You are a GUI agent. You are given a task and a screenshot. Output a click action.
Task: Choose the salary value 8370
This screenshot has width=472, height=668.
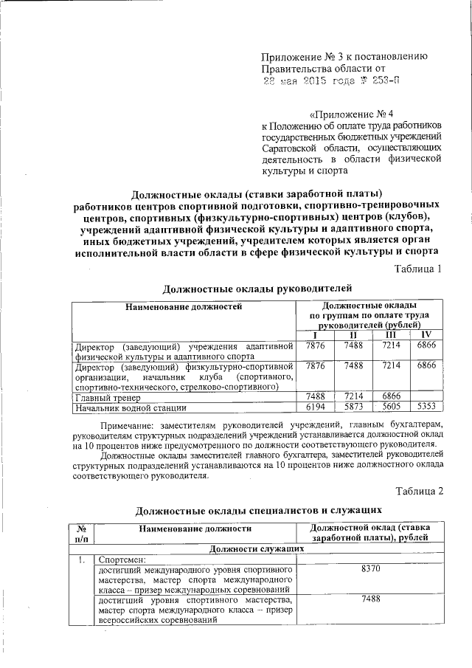tap(371, 571)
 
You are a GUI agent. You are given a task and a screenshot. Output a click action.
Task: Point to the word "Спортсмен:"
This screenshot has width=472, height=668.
tap(123, 560)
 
